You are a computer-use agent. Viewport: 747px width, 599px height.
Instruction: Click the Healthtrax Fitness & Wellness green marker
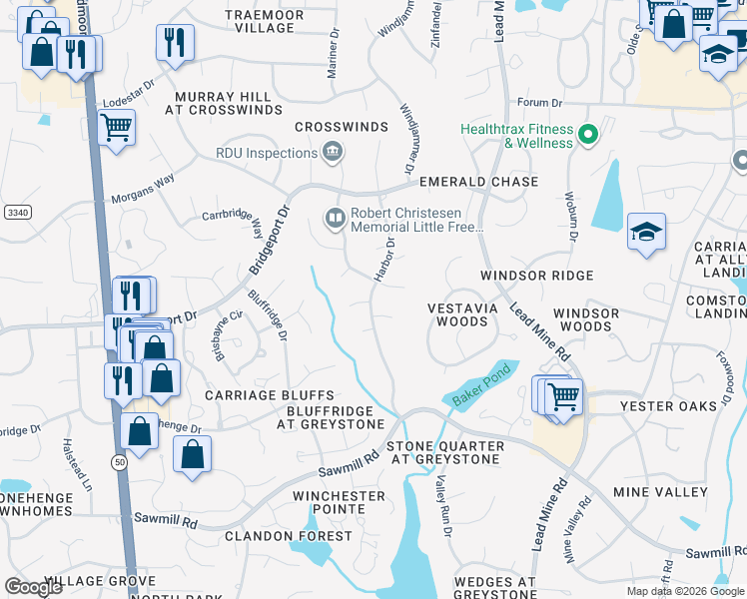(589, 134)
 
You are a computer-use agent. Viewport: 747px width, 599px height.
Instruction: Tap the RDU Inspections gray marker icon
(333, 153)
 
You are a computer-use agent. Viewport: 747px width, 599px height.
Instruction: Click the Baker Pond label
(482, 384)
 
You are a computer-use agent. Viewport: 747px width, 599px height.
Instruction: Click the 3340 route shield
(16, 212)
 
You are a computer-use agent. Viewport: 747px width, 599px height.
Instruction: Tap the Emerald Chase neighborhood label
(478, 183)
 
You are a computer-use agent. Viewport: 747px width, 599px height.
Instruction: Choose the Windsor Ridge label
(536, 276)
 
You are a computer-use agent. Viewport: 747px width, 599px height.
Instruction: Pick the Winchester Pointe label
(339, 502)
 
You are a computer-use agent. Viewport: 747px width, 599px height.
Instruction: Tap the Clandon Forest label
(289, 536)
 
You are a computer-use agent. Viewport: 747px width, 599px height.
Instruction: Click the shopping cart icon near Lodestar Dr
(117, 129)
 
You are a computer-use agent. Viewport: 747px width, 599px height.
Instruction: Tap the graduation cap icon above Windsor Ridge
(646, 233)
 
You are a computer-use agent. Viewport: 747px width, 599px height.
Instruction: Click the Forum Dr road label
(540, 103)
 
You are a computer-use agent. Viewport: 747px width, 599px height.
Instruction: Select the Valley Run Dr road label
(442, 509)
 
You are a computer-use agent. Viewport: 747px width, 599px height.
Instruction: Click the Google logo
(33, 587)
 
